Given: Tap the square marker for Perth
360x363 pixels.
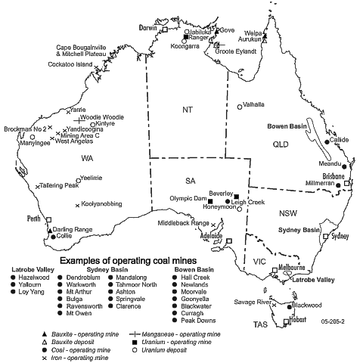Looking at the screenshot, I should tap(49, 219).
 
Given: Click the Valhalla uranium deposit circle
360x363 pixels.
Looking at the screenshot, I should tap(240, 107).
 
